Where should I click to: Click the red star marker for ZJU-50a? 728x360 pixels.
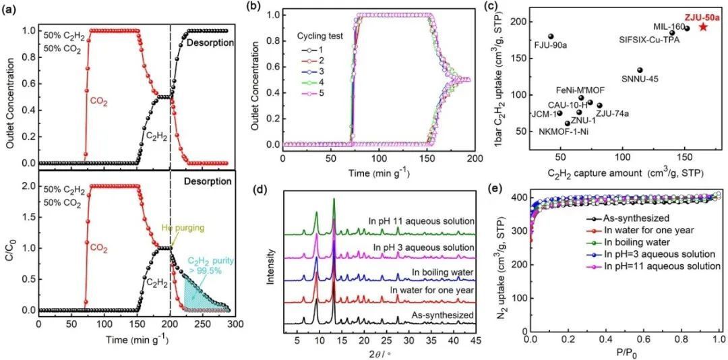702,27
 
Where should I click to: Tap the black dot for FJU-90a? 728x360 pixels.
551,36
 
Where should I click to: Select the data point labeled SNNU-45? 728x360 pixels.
640,70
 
